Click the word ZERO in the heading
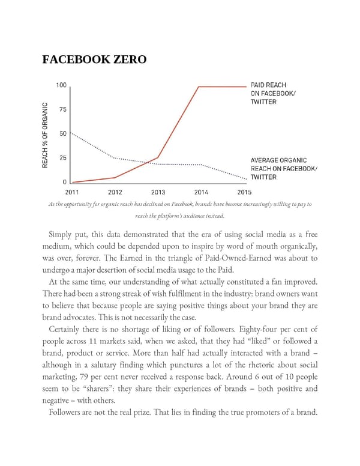click(x=124, y=61)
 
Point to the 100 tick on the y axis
click(x=61, y=85)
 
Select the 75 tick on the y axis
click(x=62, y=109)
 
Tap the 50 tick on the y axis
click(x=62, y=133)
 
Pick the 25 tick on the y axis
click(x=62, y=158)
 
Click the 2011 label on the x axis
click(x=71, y=192)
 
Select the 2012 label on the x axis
click(x=115, y=192)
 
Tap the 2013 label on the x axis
click(x=158, y=192)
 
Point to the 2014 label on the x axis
click(x=201, y=192)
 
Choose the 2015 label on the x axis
click(x=244, y=192)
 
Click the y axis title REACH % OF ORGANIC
click(x=45, y=135)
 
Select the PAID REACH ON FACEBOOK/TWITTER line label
click(x=272, y=93)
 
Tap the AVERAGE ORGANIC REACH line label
click(x=283, y=169)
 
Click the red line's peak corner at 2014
click(x=199, y=86)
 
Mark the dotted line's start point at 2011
click(x=71, y=133)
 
